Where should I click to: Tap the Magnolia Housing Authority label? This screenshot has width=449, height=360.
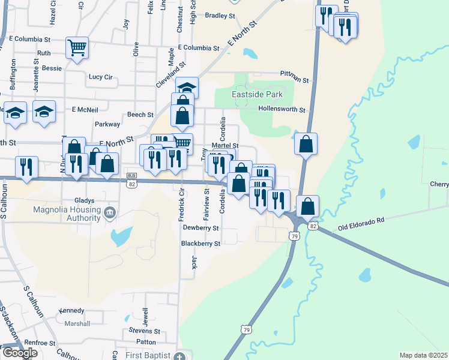click(x=67, y=213)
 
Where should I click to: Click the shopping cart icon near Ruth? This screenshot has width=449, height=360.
click(x=77, y=47)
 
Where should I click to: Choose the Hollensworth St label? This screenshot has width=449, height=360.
click(x=282, y=110)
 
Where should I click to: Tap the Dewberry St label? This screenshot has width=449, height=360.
click(x=201, y=229)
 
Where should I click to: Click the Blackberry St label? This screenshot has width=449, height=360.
click(x=201, y=244)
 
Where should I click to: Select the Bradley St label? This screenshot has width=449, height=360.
click(x=220, y=16)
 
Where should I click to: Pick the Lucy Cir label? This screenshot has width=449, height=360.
click(x=100, y=77)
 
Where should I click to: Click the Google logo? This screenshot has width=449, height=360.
click(x=19, y=352)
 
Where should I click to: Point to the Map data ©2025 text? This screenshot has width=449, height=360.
click(x=423, y=355)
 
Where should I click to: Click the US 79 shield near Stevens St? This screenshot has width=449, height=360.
click(x=245, y=330)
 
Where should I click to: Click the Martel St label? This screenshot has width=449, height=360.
click(x=225, y=146)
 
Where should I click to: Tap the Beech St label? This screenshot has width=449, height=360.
click(x=140, y=114)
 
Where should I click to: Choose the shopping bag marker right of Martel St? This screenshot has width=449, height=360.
click(x=306, y=144)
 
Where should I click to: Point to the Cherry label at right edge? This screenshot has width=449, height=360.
click(x=440, y=184)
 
